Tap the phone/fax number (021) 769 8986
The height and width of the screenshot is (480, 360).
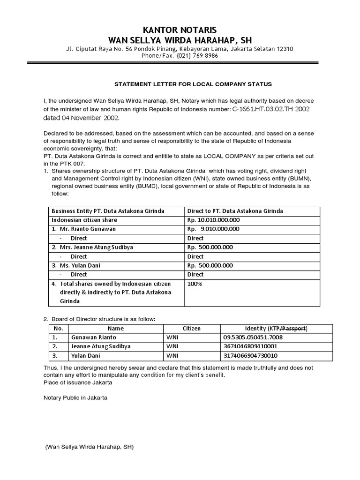tap(197, 56)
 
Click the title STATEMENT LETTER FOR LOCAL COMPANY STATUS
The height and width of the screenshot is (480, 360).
tap(194, 84)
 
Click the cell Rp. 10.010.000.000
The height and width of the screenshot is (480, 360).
tap(213, 220)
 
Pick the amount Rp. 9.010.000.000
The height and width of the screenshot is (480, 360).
tap(213, 229)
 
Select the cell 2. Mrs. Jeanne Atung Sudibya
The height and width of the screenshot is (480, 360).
tap(94, 247)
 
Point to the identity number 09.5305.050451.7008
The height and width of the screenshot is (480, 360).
tap(253, 337)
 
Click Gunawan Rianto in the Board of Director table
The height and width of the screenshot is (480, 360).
tap(93, 337)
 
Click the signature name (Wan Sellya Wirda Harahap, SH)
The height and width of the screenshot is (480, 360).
tap(90, 447)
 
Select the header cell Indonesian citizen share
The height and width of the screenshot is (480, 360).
tap(84, 220)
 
